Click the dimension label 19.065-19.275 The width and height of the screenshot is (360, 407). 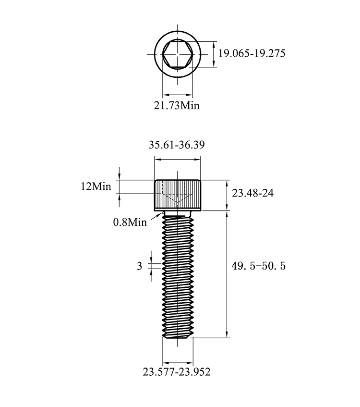click(252, 53)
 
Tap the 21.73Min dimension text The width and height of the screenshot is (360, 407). click(177, 105)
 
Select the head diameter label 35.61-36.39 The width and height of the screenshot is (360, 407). click(177, 145)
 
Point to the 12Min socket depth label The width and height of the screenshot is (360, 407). click(96, 186)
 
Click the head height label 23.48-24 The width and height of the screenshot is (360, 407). click(252, 193)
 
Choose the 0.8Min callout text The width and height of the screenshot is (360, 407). click(130, 222)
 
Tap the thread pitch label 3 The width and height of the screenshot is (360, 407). click(140, 266)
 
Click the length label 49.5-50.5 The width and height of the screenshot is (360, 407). click(258, 266)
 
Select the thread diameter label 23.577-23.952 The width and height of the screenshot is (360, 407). click(177, 372)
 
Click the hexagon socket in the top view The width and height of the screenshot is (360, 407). click(178, 54)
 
